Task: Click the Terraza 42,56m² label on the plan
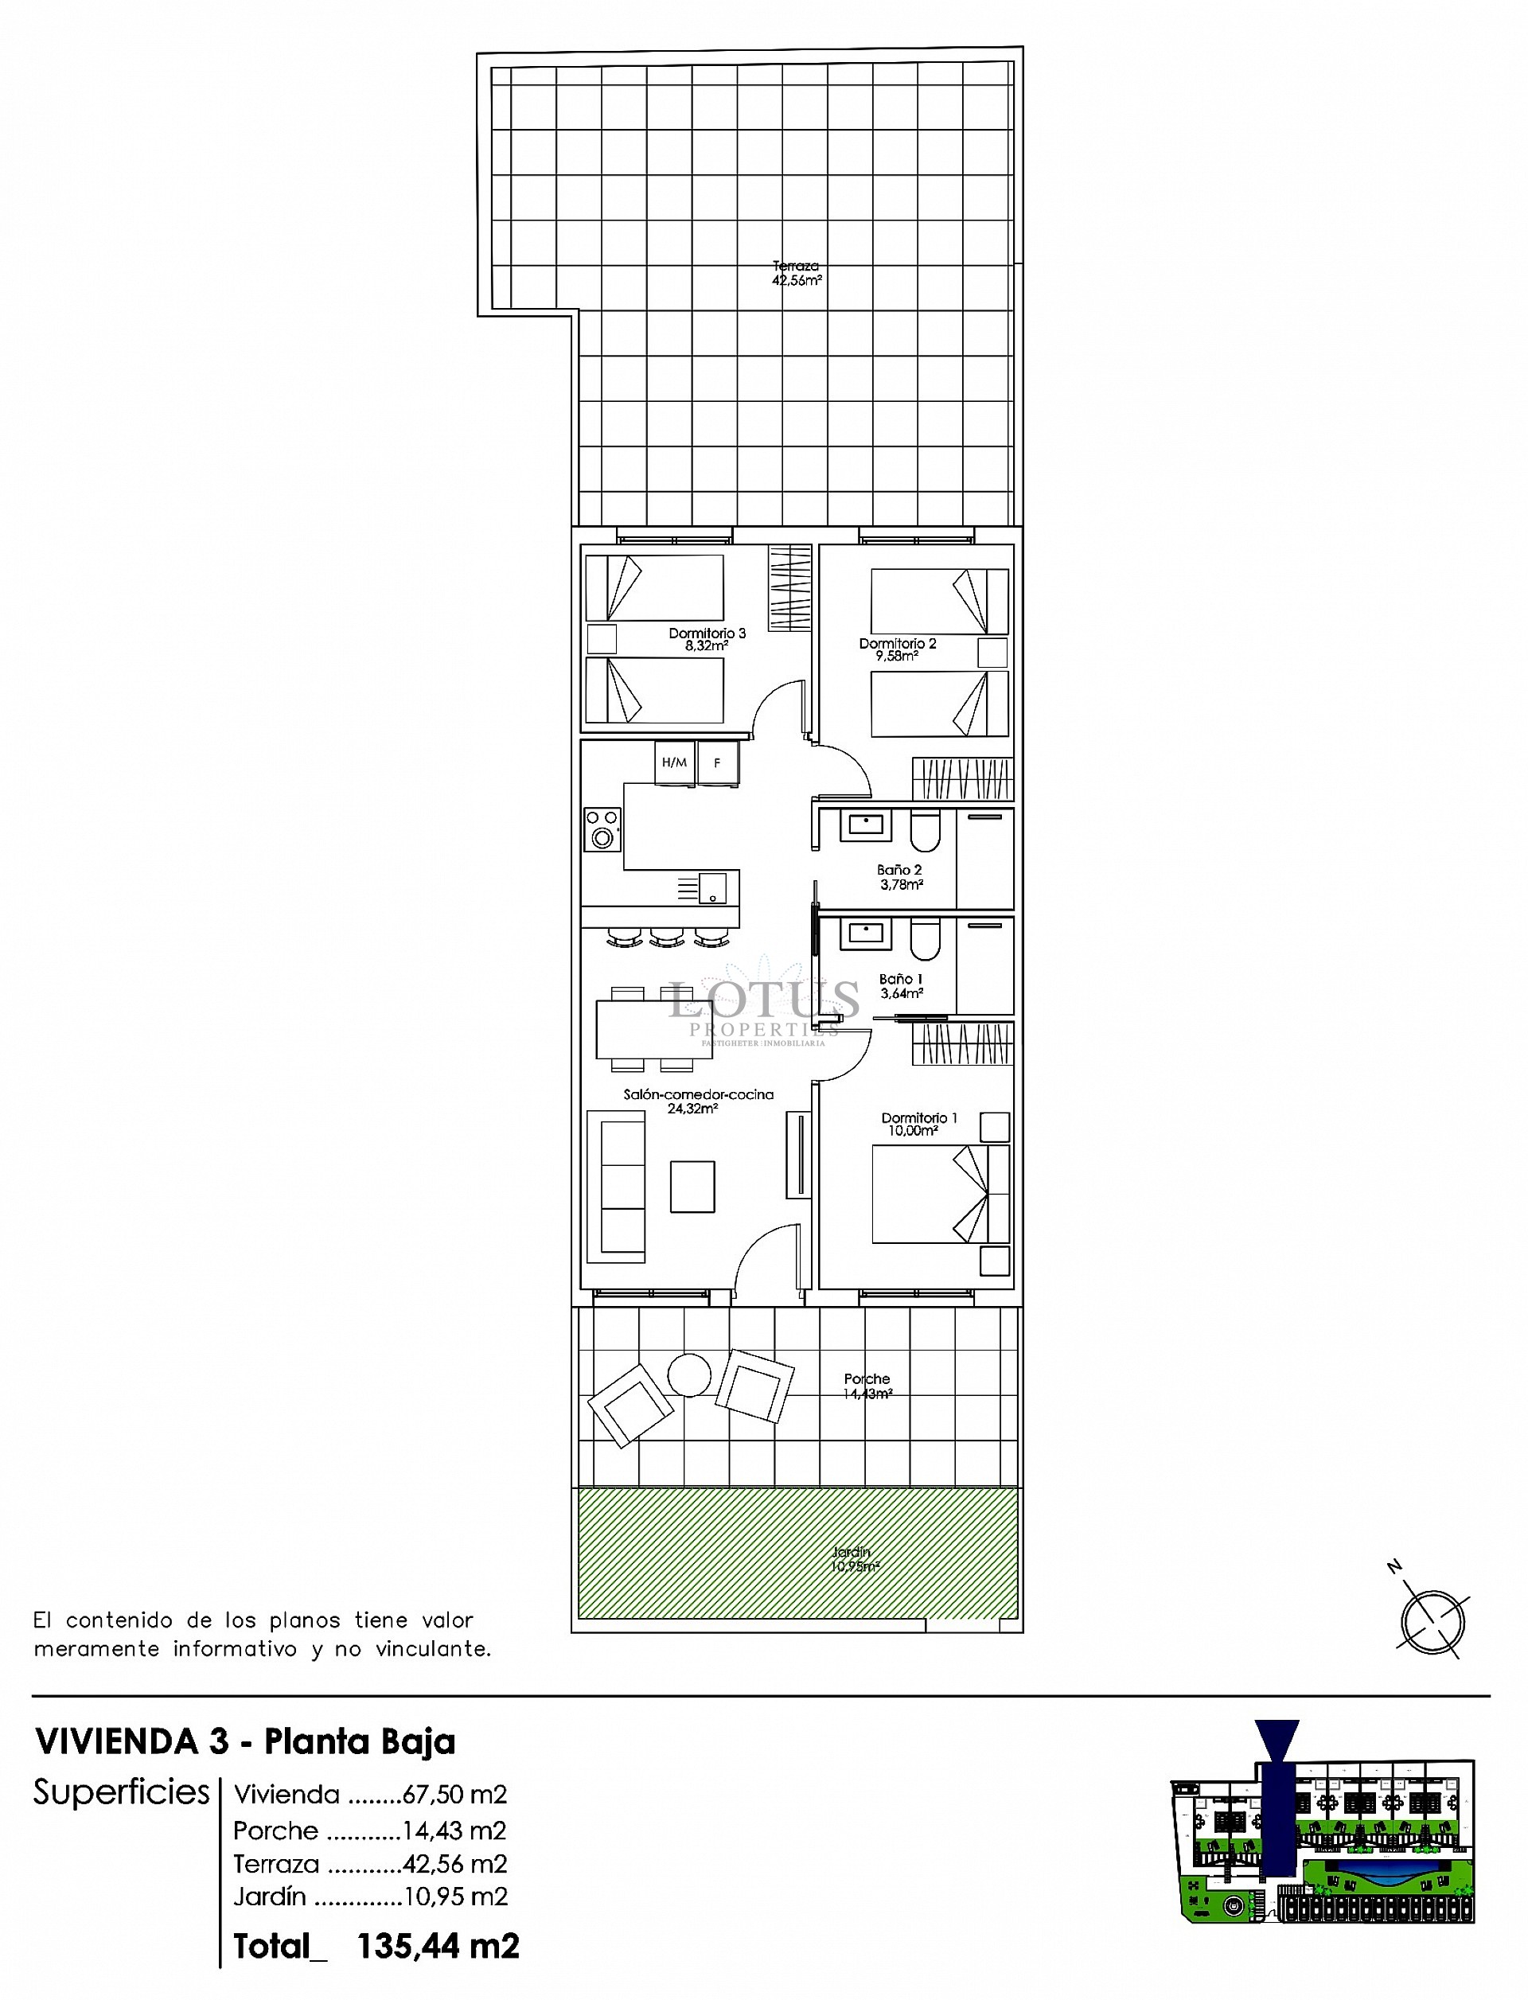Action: point(797,273)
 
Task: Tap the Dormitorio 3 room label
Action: point(707,638)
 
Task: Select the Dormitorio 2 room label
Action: point(897,649)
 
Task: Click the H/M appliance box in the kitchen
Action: point(675,762)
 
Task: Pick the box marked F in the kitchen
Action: point(719,762)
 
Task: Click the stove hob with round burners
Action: point(602,828)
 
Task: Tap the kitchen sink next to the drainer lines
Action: point(712,887)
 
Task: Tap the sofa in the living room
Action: point(617,1187)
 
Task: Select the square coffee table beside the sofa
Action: point(692,1186)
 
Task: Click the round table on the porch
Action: point(688,1375)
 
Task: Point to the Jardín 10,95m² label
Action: point(853,1559)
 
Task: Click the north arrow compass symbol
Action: point(1432,1622)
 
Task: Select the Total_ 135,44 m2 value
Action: point(438,1947)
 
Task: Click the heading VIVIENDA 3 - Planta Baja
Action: point(246,1741)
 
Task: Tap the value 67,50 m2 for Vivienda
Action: point(454,1795)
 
